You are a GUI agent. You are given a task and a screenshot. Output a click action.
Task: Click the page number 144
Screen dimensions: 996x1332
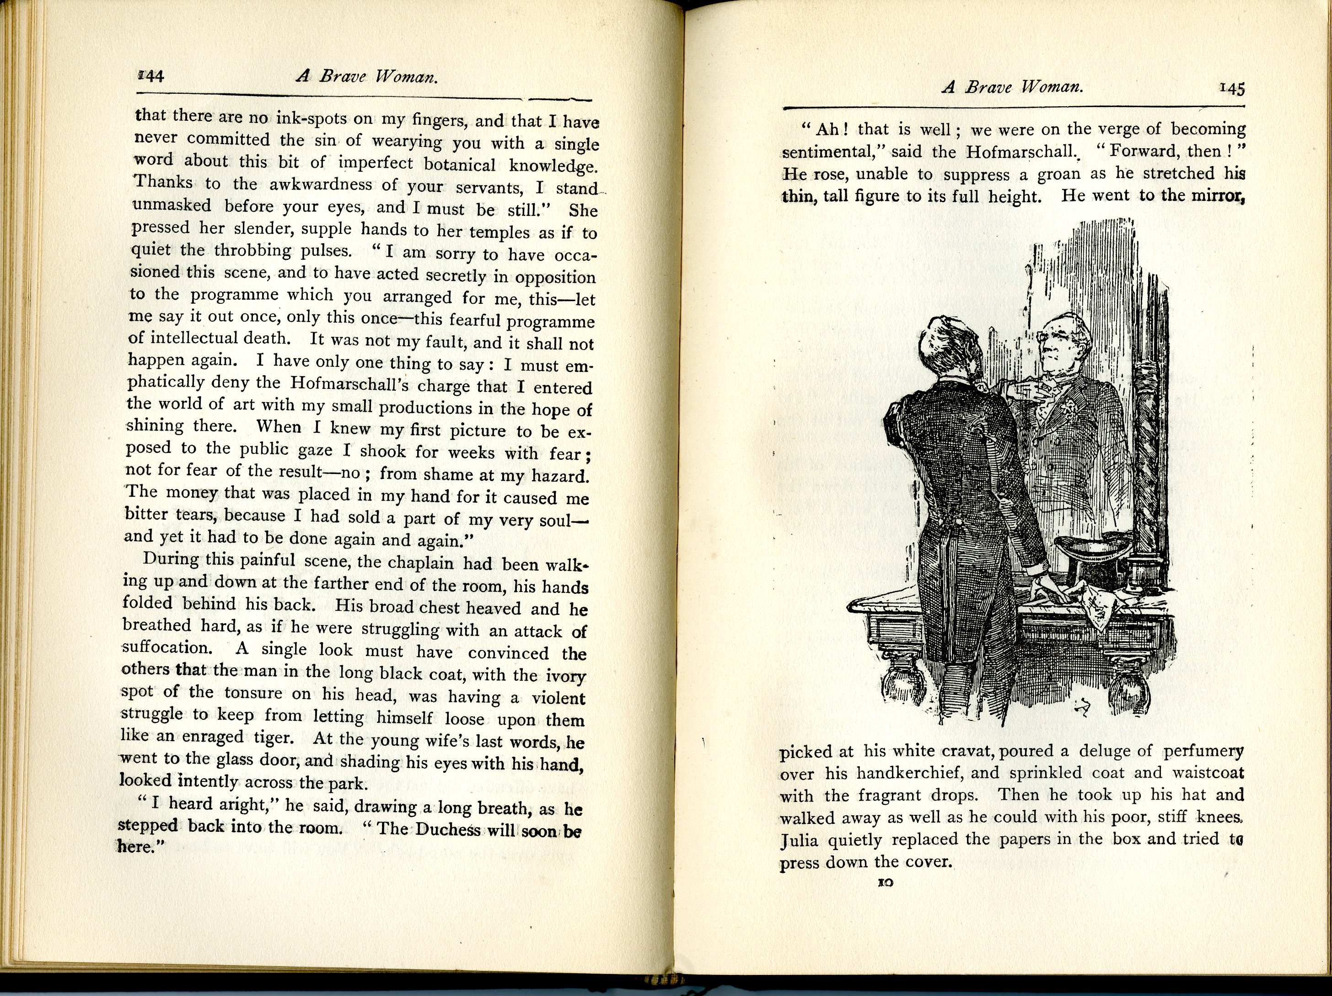(x=150, y=76)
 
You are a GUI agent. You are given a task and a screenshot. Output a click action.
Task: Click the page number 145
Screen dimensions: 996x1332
(x=1232, y=88)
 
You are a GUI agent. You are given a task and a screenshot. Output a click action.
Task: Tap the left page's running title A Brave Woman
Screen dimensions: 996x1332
(x=366, y=77)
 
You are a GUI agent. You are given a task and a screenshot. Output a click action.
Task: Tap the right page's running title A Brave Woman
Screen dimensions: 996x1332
(x=1012, y=87)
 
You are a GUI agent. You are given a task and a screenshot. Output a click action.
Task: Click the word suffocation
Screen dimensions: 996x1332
(x=167, y=647)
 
